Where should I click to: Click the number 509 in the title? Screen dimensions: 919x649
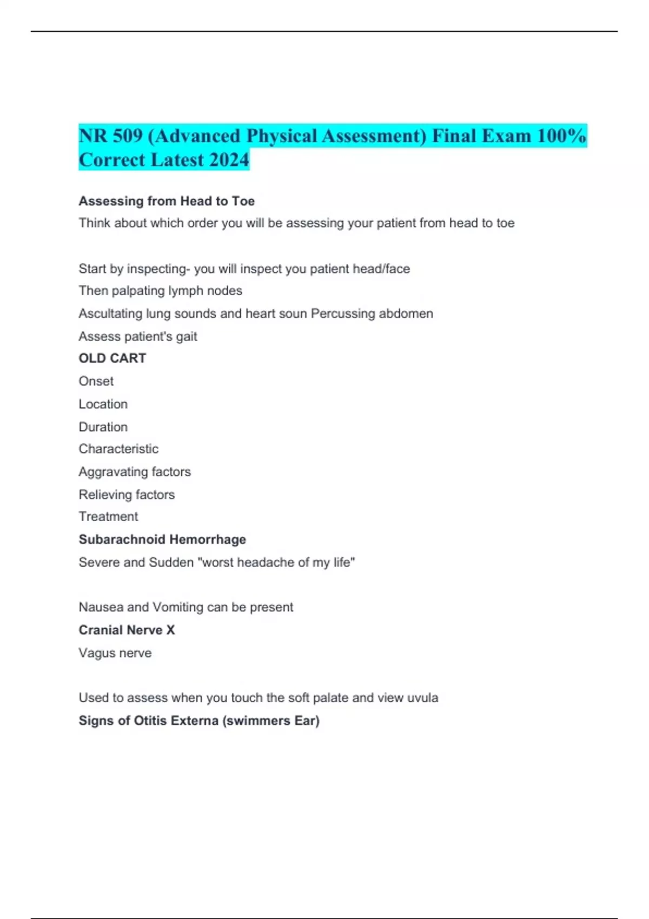pyautogui.click(x=127, y=136)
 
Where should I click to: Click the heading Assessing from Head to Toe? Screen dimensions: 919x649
pyautogui.click(x=167, y=201)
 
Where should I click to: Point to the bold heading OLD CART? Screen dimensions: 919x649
pyautogui.click(x=112, y=358)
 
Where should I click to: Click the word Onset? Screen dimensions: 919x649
pyautogui.click(x=96, y=381)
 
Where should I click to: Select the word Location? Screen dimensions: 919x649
pyautogui.click(x=103, y=404)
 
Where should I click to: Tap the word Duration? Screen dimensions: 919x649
pyautogui.click(x=103, y=427)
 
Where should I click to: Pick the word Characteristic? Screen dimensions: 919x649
pyautogui.click(x=118, y=449)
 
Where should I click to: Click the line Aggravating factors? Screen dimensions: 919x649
pyautogui.click(x=135, y=472)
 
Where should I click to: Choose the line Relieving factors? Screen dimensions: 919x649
pyautogui.click(x=127, y=495)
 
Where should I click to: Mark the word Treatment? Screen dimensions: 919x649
pyautogui.click(x=108, y=517)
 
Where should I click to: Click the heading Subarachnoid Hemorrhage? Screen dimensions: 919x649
pyautogui.click(x=162, y=540)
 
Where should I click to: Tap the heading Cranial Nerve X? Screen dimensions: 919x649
pyautogui.click(x=127, y=630)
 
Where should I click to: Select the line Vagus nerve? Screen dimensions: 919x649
pyautogui.click(x=115, y=653)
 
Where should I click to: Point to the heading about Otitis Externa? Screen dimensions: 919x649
pyautogui.click(x=199, y=721)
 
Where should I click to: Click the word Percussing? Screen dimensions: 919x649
pyautogui.click(x=343, y=314)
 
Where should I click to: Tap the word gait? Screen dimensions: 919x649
pyautogui.click(x=186, y=337)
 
